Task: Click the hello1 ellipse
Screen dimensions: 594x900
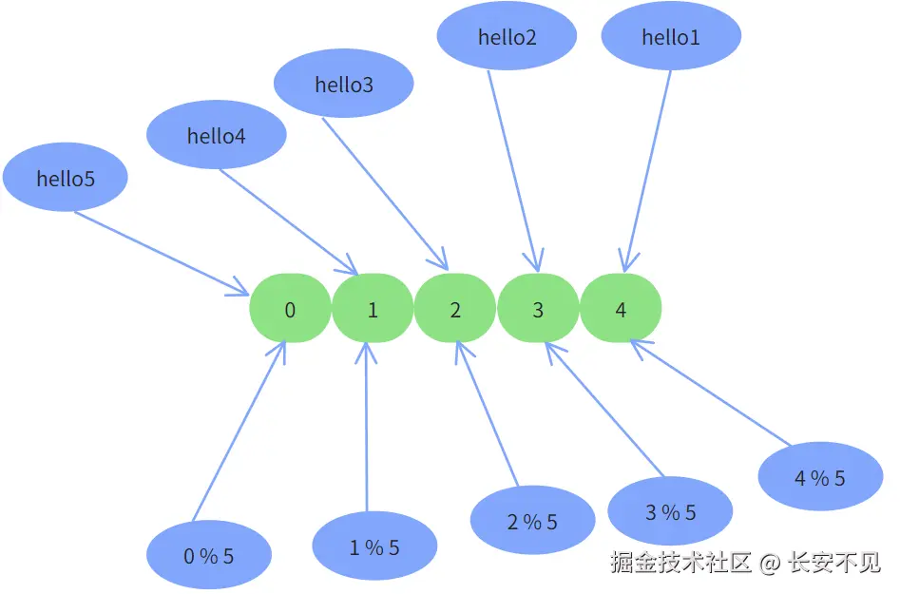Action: (x=671, y=37)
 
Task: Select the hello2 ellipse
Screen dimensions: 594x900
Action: (x=507, y=37)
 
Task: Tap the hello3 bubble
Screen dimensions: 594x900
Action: (x=344, y=85)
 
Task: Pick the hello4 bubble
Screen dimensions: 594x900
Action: (x=217, y=136)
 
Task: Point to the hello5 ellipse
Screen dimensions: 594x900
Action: (x=66, y=178)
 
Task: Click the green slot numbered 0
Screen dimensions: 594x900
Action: (x=290, y=309)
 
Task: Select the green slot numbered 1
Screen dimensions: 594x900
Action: (x=373, y=309)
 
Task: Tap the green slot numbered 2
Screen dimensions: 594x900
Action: (x=455, y=309)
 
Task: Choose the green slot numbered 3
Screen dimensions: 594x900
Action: (x=538, y=309)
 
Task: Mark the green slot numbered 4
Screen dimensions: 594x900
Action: (x=621, y=309)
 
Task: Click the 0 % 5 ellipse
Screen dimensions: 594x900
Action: (x=209, y=556)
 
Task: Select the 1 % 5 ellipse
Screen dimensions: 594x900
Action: (x=374, y=546)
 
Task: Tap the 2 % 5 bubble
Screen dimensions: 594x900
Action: (x=532, y=521)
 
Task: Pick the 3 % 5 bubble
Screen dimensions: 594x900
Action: (x=670, y=512)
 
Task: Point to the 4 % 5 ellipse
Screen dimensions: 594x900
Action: (x=820, y=478)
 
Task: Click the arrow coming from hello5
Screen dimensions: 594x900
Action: (x=162, y=252)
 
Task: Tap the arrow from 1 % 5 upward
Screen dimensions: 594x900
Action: (x=366, y=428)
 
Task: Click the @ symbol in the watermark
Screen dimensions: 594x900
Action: (x=770, y=563)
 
